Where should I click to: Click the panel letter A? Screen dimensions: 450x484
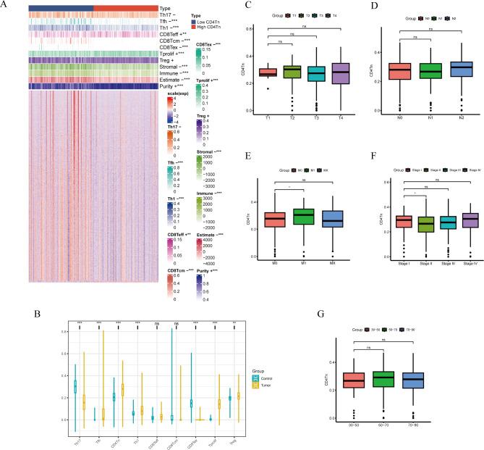[5, 5]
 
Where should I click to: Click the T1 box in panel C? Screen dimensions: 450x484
[247, 72]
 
